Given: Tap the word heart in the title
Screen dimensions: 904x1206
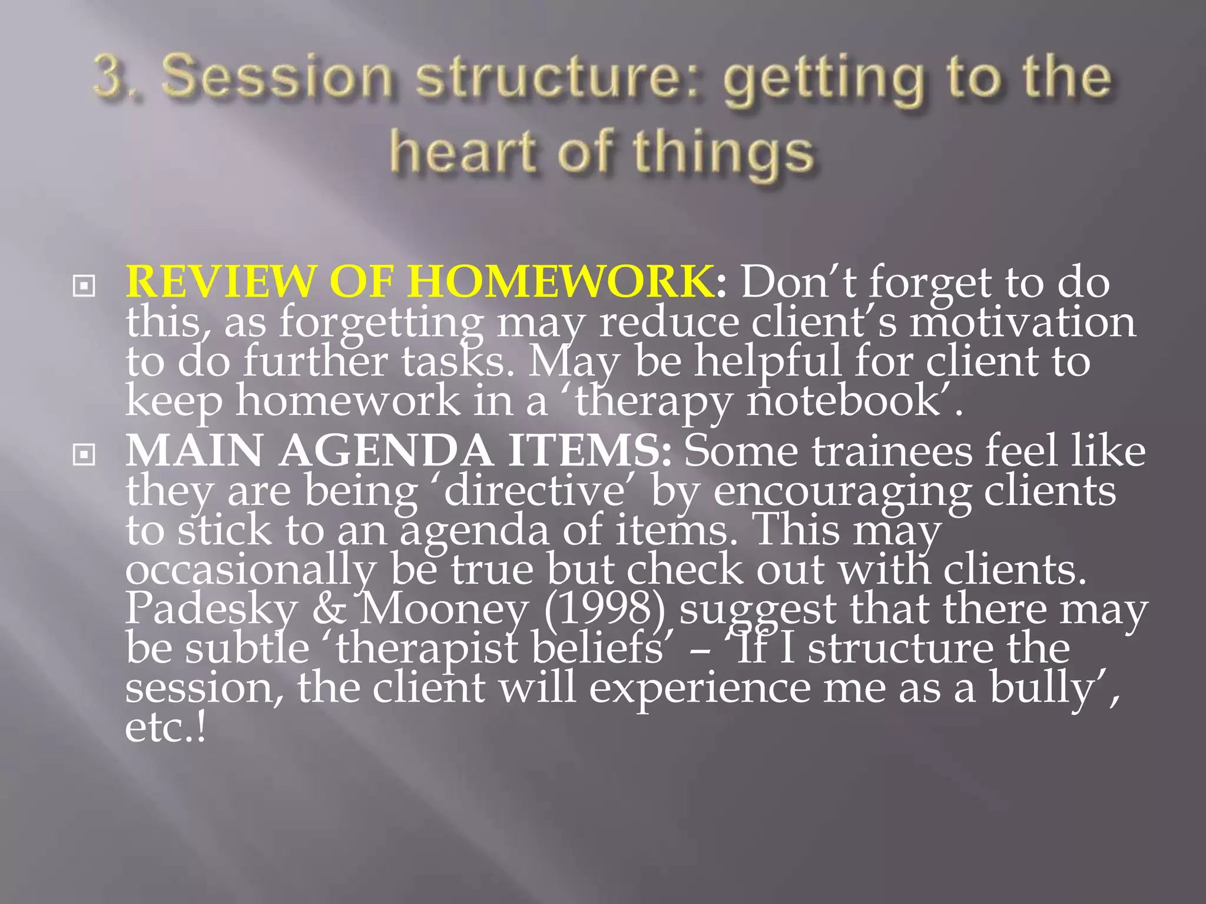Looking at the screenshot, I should pyautogui.click(x=463, y=151).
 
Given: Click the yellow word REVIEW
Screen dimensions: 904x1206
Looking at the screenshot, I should pyautogui.click(x=220, y=281).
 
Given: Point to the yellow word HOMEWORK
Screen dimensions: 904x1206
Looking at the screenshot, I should pyautogui.click(x=559, y=281).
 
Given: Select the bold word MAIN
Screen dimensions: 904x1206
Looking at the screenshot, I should pyautogui.click(x=194, y=451).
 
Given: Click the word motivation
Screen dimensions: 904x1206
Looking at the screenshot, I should pyautogui.click(x=1022, y=323).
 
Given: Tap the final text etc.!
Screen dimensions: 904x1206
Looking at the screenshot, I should pyautogui.click(x=165, y=728).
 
